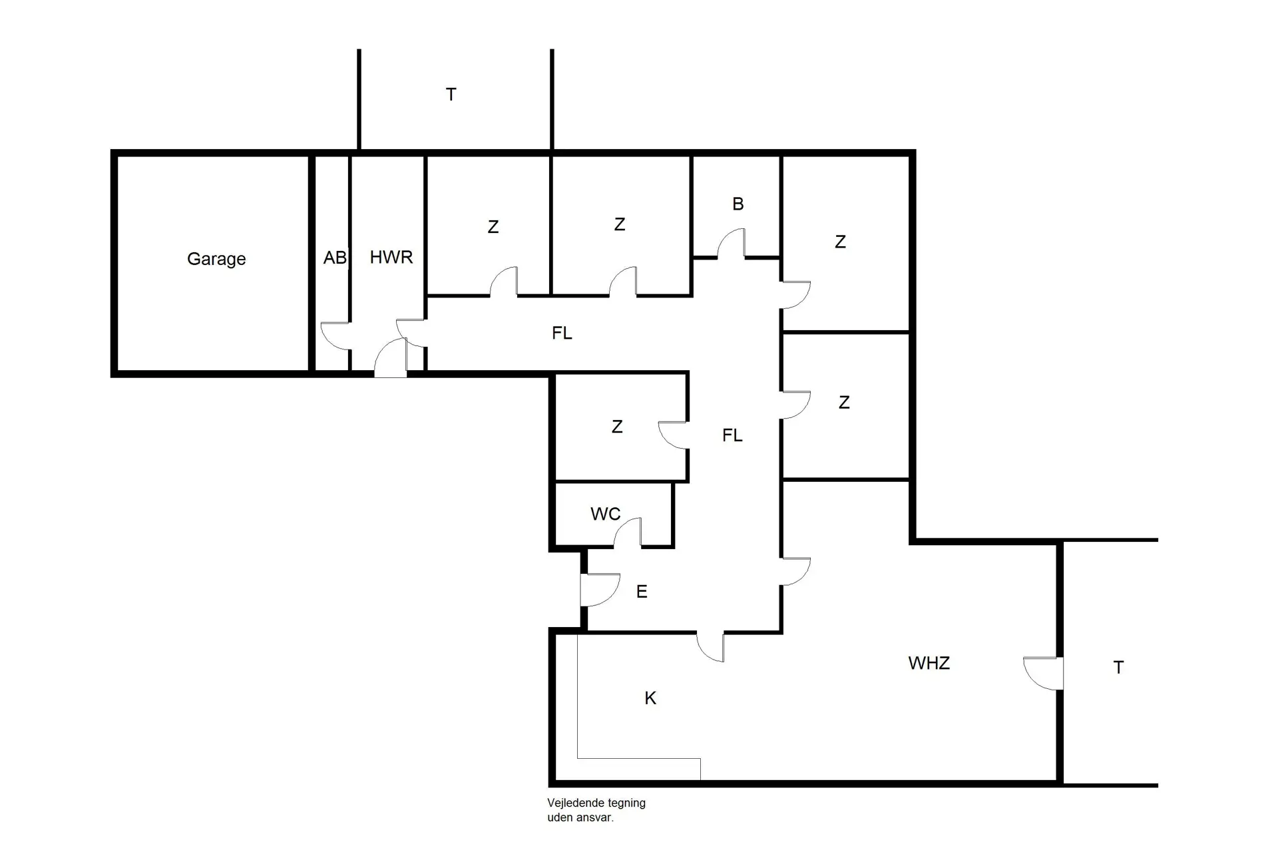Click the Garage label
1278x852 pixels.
(216, 259)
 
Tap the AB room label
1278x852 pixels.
(335, 258)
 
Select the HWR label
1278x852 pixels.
(391, 257)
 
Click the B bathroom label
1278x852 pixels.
(738, 204)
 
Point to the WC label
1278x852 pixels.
(605, 514)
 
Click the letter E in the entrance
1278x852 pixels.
(642, 592)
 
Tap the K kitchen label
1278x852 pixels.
(650, 698)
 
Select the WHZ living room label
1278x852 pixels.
(929, 663)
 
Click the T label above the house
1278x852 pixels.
(451, 95)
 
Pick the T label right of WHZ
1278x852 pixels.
(1118, 668)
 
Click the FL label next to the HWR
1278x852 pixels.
(562, 333)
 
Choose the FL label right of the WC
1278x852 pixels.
(732, 435)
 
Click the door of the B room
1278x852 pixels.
(732, 244)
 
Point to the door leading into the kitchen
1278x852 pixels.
(710, 646)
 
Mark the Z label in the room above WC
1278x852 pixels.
(617, 427)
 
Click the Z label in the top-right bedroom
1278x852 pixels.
(840, 242)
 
